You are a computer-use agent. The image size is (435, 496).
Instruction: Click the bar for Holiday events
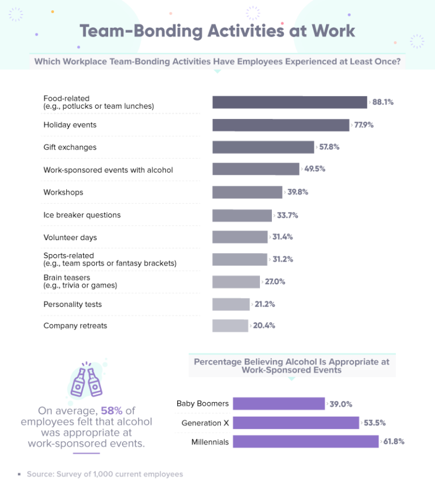click(280, 125)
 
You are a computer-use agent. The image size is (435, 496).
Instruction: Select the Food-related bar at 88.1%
click(289, 102)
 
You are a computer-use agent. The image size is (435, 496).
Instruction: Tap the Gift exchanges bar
click(263, 147)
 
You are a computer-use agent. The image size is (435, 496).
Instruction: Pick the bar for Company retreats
click(230, 326)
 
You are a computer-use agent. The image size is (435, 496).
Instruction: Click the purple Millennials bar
click(305, 442)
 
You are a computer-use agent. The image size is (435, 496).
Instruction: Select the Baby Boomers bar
click(279, 404)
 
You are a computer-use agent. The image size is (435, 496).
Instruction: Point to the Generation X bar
click(296, 423)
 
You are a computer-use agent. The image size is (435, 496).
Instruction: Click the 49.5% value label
click(314, 169)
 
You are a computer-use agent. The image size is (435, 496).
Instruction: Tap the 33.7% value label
click(287, 215)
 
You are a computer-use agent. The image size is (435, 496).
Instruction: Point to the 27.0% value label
click(275, 281)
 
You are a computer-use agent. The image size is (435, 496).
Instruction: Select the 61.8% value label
click(394, 442)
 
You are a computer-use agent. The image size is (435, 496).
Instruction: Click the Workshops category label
click(63, 193)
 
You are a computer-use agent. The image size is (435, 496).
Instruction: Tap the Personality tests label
click(72, 305)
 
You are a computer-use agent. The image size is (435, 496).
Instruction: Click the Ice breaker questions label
click(82, 215)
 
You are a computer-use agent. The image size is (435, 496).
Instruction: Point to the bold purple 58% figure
click(111, 411)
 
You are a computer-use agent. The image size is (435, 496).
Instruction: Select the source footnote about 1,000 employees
click(105, 474)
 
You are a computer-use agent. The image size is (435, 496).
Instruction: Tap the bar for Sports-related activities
click(239, 259)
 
